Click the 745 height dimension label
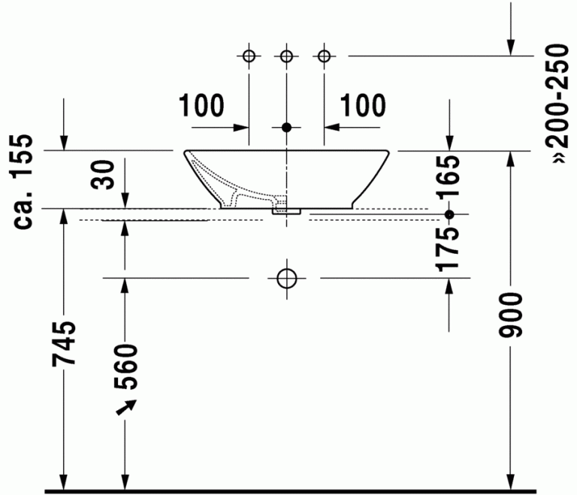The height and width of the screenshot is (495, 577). (64, 343)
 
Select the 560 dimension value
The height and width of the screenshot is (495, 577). (125, 367)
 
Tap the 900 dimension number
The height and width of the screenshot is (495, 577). (510, 315)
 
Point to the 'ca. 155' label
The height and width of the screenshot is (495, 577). (23, 182)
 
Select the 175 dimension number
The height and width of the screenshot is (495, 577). (448, 249)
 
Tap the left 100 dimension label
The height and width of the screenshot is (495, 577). (201, 106)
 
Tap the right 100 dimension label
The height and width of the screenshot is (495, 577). (363, 106)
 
